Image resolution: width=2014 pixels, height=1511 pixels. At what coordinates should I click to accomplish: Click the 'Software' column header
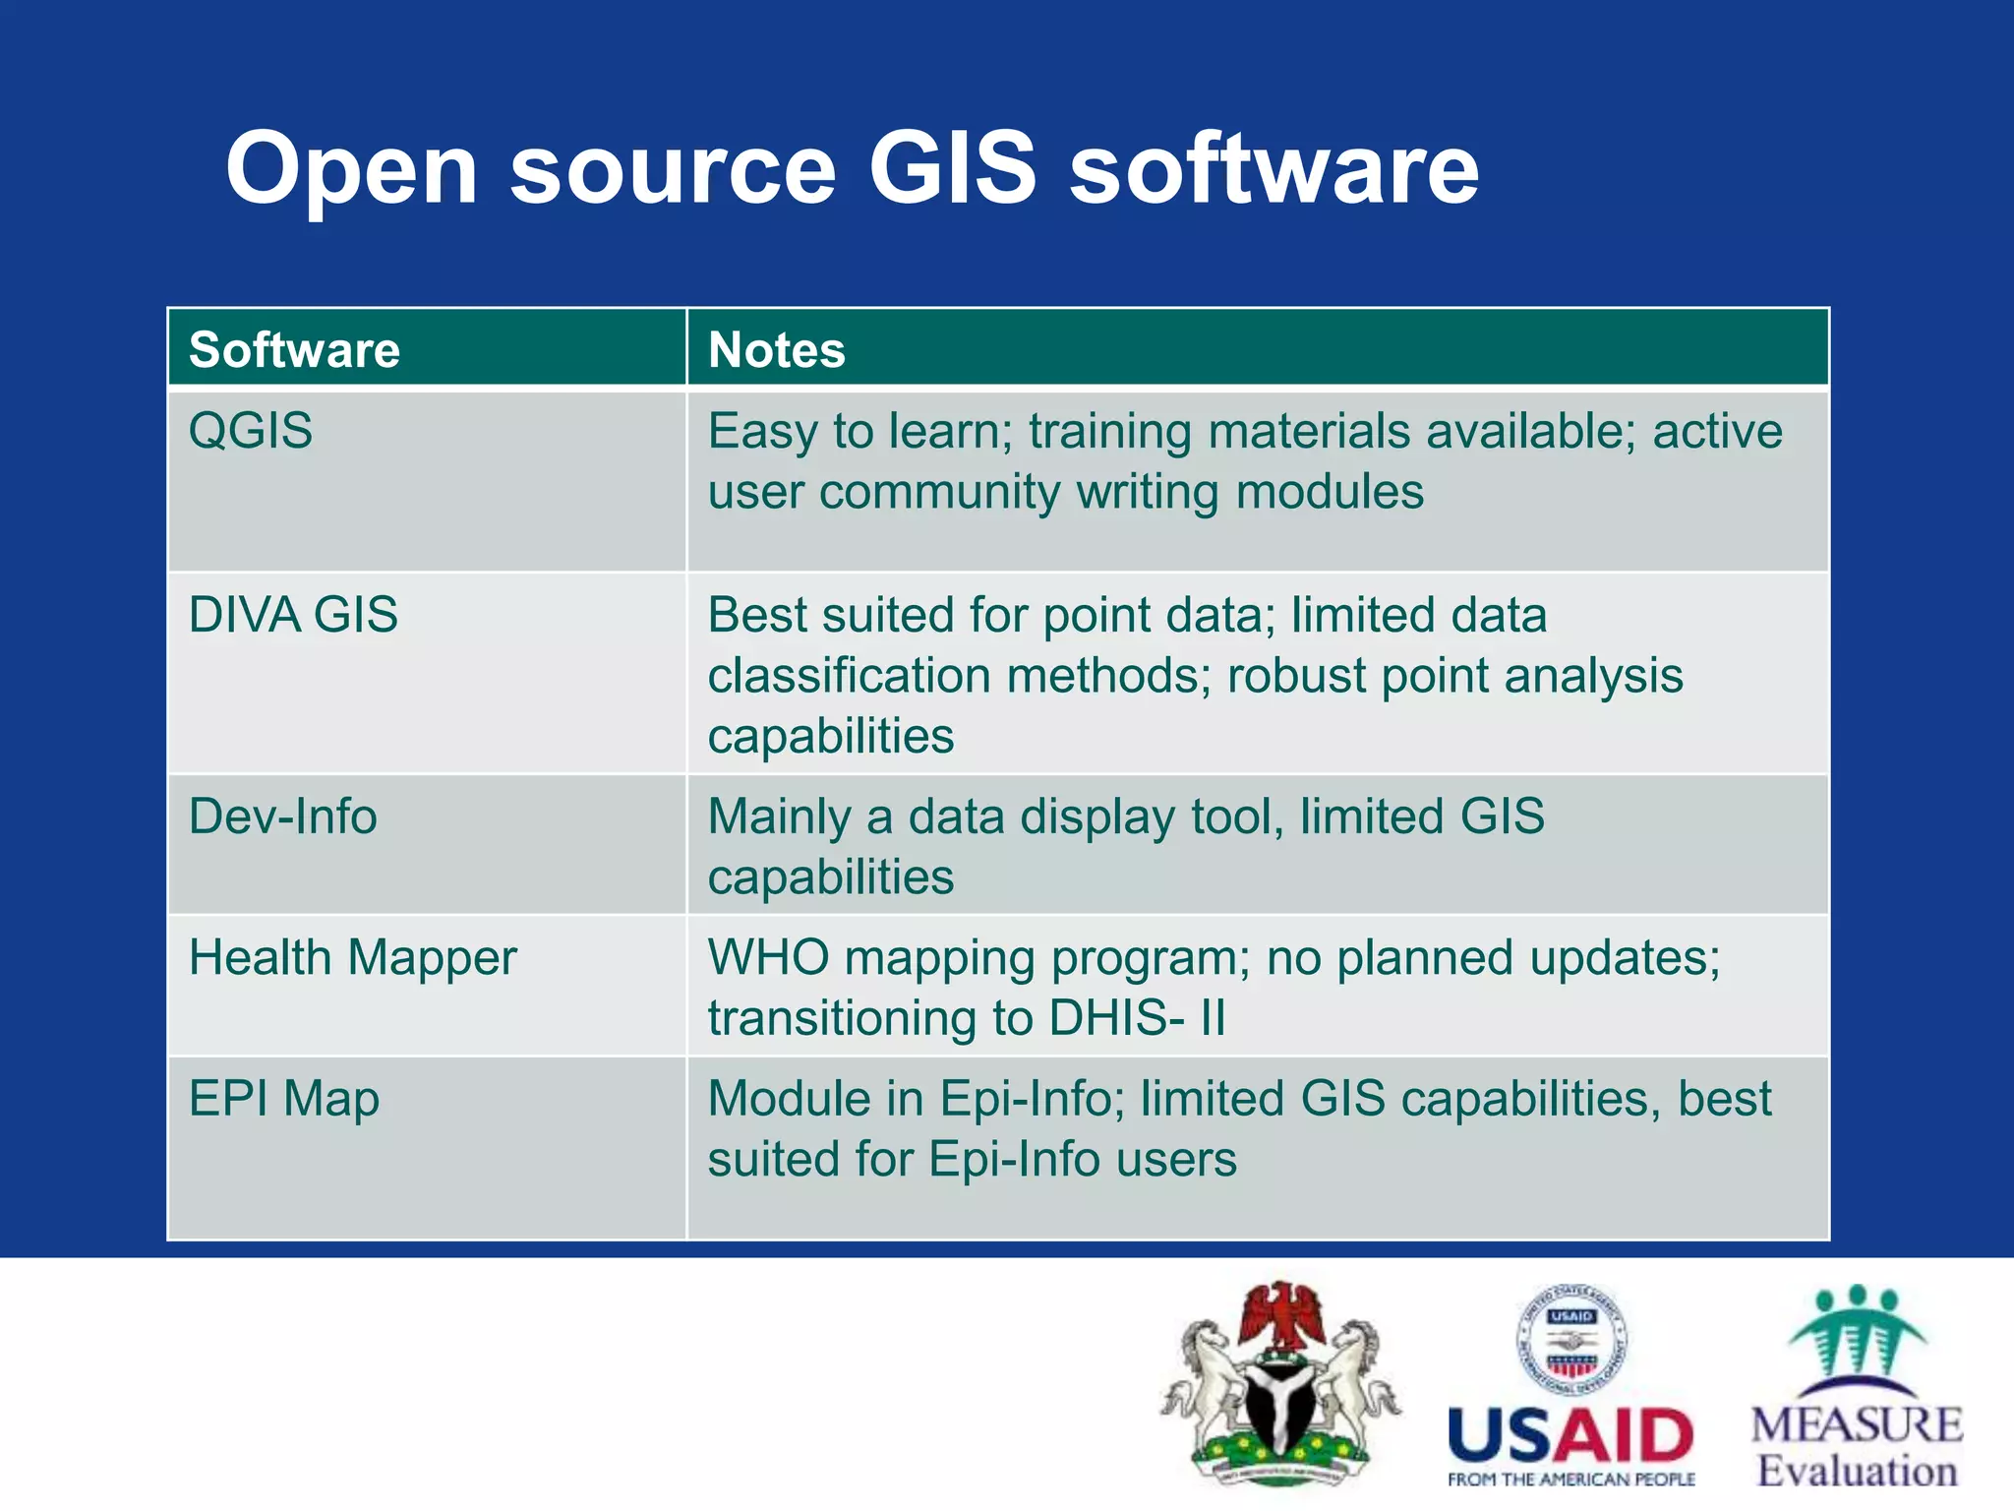point(294,350)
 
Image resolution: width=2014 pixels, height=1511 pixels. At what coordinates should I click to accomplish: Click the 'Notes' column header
point(776,350)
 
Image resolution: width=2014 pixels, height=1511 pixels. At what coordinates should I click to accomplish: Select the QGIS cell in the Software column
point(251,431)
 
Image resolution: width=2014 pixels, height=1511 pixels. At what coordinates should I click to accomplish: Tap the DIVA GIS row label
point(293,615)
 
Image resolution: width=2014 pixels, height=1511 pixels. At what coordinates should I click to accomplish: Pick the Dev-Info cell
point(282,816)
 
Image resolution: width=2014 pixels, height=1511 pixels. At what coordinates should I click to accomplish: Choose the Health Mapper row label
point(352,958)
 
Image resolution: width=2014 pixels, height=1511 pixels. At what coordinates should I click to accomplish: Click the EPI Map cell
point(283,1099)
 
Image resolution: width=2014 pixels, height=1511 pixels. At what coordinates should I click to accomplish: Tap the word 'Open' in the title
point(351,169)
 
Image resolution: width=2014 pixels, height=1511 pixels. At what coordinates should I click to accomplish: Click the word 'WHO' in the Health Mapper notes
point(768,958)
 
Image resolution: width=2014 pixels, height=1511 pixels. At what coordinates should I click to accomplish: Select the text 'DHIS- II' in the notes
point(1137,1018)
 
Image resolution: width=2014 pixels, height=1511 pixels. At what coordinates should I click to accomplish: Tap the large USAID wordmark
point(1570,1435)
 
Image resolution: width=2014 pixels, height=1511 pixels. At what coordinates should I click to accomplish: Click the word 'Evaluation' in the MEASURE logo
point(1857,1472)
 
